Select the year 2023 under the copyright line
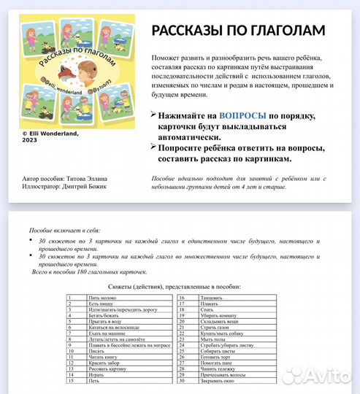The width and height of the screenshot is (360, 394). pos(29,140)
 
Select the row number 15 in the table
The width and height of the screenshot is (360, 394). pos(70,381)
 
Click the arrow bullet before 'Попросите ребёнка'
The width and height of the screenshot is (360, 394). pos(153,147)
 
